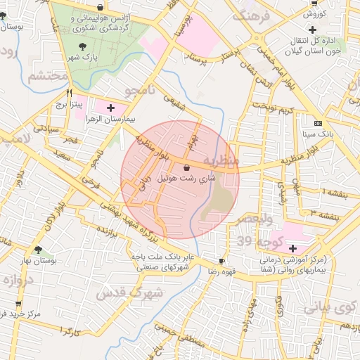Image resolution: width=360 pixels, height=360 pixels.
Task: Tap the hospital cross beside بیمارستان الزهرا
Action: (110, 107)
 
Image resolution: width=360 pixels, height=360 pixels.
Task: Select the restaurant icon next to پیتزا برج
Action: (69, 93)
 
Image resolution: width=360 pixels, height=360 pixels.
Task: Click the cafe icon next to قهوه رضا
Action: (222, 260)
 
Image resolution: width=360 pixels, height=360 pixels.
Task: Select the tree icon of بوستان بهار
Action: (37, 250)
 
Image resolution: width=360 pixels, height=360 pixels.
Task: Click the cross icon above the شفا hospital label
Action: (292, 248)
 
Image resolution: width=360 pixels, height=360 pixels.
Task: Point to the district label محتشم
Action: (41, 76)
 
